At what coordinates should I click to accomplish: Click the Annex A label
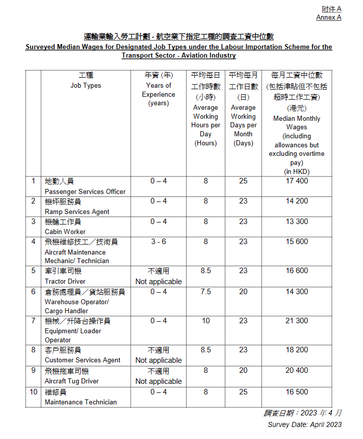tap(328, 17)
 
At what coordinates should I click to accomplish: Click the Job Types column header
tap(86, 85)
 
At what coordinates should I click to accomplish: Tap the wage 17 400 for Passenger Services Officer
tap(296, 181)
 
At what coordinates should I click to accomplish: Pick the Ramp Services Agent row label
tap(77, 211)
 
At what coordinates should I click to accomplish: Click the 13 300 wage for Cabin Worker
tap(296, 221)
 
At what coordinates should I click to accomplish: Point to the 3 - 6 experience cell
tap(158, 242)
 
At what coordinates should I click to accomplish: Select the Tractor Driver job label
tap(65, 281)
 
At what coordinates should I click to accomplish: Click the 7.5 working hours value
tap(205, 292)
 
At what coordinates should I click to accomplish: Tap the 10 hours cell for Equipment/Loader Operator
tap(205, 321)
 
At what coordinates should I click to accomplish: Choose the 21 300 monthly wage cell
tap(296, 321)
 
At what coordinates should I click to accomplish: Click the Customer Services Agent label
tap(82, 360)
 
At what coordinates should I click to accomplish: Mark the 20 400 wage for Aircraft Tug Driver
tap(296, 371)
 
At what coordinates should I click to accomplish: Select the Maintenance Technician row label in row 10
tap(81, 402)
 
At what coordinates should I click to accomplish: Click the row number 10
tap(34, 391)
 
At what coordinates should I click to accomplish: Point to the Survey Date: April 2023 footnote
tap(304, 424)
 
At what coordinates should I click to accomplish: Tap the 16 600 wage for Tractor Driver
tap(296, 271)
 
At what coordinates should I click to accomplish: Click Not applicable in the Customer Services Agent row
tap(158, 360)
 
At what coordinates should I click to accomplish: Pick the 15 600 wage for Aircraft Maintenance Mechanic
tap(296, 242)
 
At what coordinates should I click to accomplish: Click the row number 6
tap(34, 292)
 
